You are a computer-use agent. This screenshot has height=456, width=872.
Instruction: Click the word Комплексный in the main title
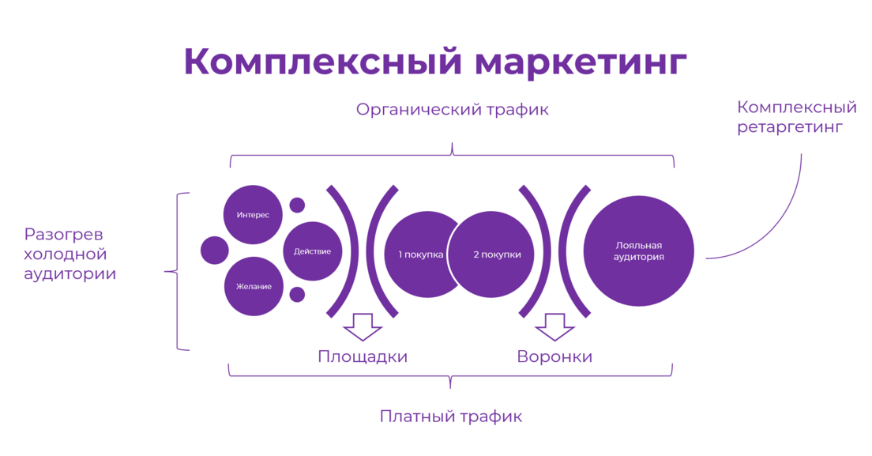323,61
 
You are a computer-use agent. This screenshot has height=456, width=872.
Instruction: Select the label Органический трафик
452,110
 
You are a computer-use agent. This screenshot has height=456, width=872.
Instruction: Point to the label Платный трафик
451,416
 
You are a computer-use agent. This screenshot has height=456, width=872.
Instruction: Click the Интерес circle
253,215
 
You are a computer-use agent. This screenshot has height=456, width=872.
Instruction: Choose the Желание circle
254,286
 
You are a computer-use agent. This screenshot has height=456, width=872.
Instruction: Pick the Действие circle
313,251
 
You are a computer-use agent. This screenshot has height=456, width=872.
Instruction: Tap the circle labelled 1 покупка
420,254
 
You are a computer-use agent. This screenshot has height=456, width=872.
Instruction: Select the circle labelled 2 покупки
491,254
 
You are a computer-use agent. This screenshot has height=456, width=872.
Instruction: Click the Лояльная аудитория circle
638,251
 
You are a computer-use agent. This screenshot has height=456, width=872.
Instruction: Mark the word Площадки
363,356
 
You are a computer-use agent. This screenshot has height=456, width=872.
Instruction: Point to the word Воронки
554,356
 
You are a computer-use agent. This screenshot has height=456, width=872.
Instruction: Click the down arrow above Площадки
363,327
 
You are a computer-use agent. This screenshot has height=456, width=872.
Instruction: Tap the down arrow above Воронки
554,327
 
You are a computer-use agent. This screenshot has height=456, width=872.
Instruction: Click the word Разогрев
63,235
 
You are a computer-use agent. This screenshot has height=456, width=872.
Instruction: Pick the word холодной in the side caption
65,254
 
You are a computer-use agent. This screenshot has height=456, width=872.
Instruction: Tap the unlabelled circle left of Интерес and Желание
215,251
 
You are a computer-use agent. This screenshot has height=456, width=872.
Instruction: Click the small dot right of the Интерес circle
298,205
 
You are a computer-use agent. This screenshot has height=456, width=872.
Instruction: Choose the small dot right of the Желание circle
298,295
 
